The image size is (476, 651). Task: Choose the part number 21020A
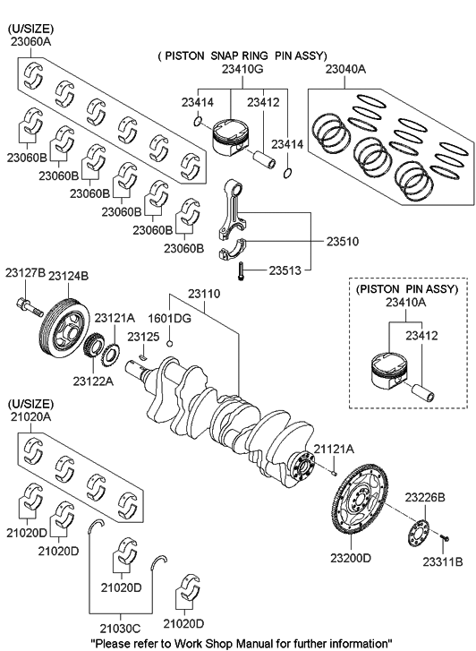30,416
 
